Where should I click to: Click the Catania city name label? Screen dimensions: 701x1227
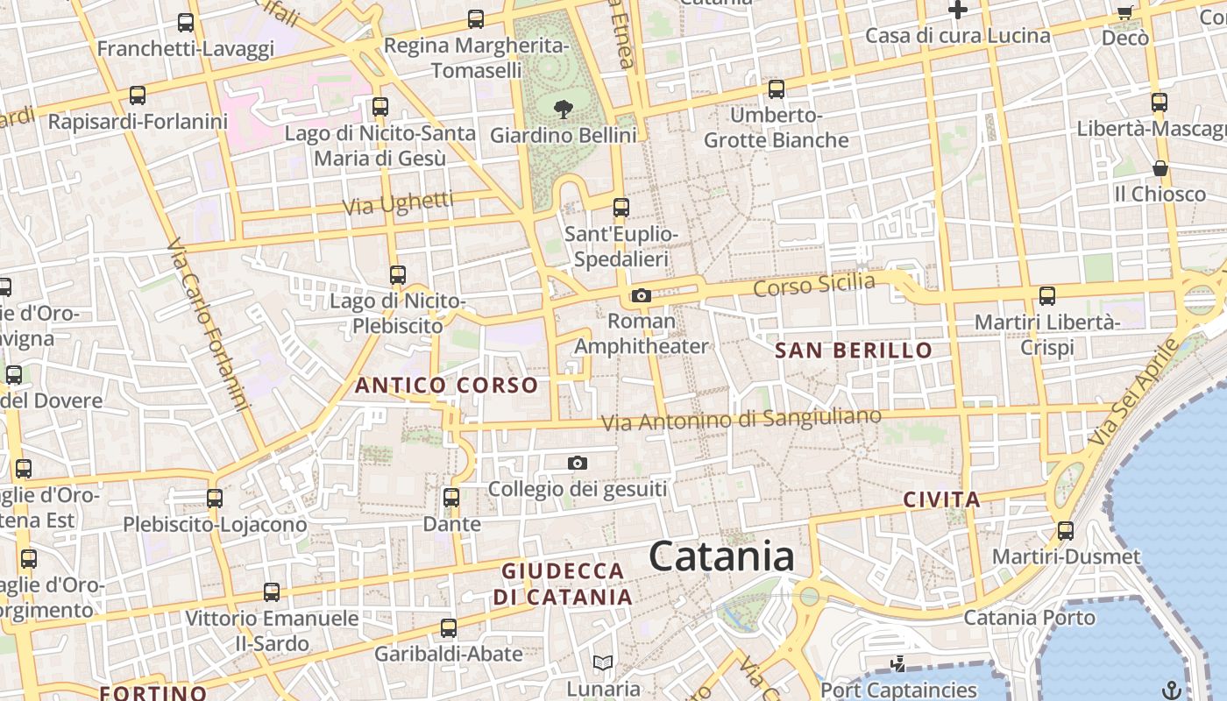coord(721,557)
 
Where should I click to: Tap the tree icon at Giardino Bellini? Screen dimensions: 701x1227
coord(564,110)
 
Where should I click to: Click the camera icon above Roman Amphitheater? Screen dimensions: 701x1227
coord(642,296)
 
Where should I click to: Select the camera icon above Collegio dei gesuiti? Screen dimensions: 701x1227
coord(577,464)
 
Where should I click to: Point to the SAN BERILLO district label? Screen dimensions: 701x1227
coord(854,350)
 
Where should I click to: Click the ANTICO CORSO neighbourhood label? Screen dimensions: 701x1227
coord(446,385)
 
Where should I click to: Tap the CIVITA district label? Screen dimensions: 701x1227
coord(941,500)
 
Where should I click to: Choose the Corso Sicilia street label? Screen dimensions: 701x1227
coord(814,285)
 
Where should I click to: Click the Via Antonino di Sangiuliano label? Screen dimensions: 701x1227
coord(741,419)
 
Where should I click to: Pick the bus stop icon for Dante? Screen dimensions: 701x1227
coord(451,499)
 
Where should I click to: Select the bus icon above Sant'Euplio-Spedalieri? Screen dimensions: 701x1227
coord(621,208)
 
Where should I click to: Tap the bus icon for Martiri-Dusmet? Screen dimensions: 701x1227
coord(1066,531)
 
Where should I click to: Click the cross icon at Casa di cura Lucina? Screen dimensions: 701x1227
coord(958,11)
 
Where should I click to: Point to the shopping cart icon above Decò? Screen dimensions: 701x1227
coord(1125,12)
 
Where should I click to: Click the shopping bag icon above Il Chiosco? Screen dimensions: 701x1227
coord(1160,168)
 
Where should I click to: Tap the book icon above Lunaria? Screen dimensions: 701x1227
coord(603,663)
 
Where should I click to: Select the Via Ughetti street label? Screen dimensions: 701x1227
coord(398,203)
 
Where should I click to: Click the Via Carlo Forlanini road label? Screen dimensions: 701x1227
coord(208,324)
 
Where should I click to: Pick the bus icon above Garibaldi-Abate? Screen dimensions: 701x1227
coord(449,628)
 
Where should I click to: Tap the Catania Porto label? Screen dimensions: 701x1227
coord(1029,618)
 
